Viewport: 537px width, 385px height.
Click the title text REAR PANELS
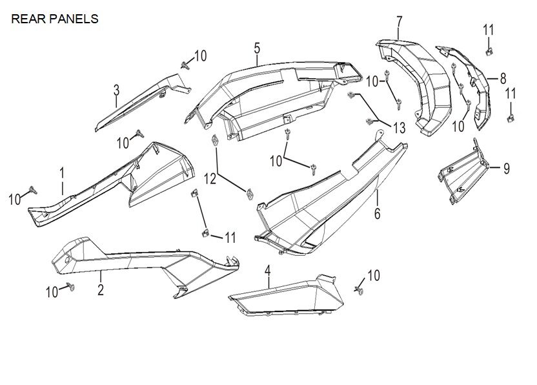tap(55, 19)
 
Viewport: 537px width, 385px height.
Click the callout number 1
tap(62, 173)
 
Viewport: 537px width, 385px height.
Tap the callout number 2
tap(101, 290)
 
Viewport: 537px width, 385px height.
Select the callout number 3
tap(116, 89)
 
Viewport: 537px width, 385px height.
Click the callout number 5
tap(257, 48)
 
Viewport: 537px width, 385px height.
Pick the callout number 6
tap(378, 213)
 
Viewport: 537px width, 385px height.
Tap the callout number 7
tap(400, 23)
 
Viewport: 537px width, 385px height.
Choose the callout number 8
tap(503, 79)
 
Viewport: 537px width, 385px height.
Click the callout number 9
tap(506, 169)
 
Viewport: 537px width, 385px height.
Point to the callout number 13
tap(398, 128)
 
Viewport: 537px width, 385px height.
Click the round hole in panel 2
tap(67, 260)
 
